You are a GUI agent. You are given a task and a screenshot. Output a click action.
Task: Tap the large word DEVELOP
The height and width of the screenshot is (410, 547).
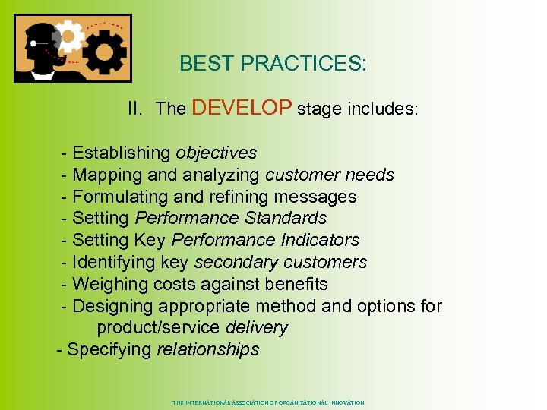(242, 108)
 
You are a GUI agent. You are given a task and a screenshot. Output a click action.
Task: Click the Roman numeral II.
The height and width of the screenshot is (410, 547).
(135, 109)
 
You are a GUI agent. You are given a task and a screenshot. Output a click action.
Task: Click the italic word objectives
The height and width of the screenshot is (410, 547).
(216, 153)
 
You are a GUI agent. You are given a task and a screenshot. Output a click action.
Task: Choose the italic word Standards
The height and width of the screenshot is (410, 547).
(292, 219)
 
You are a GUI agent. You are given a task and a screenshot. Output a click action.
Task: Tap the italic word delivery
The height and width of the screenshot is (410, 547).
(257, 328)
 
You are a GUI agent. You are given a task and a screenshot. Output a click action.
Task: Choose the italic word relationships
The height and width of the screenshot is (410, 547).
(207, 350)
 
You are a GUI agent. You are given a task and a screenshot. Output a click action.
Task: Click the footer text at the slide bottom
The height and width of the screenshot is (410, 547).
(268, 402)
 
